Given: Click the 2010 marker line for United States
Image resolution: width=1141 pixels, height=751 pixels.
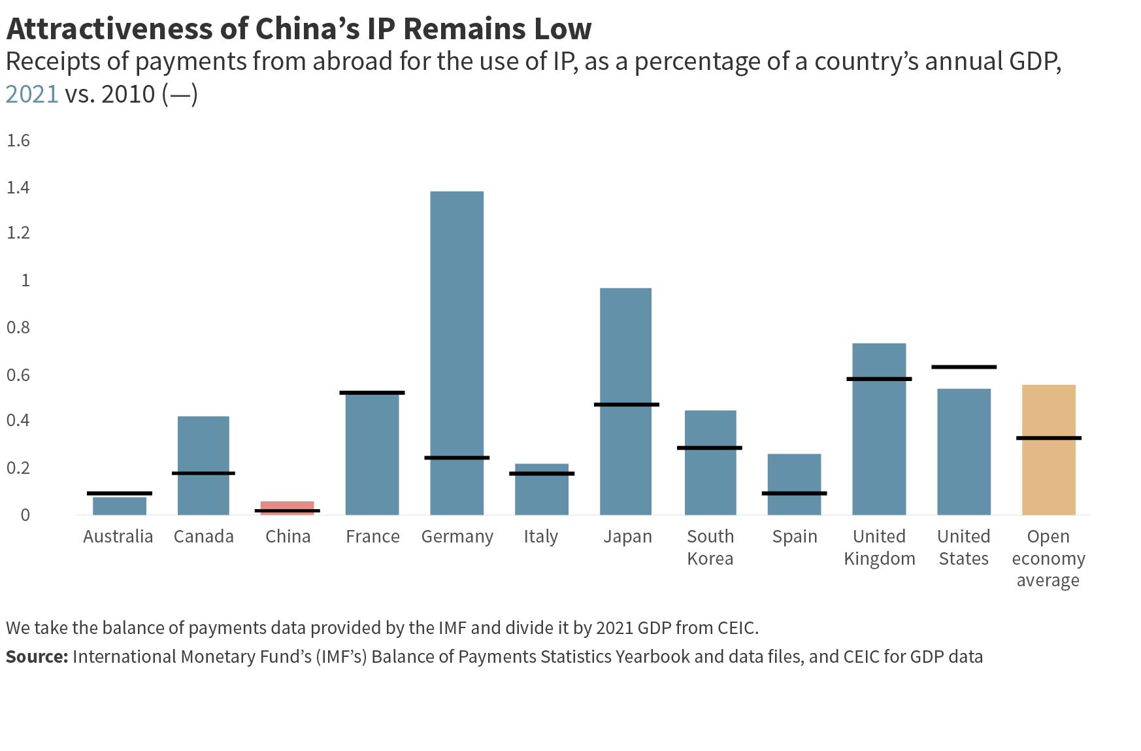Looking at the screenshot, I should coord(964,367).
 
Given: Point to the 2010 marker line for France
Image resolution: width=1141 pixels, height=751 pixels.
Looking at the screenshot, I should coord(372,393).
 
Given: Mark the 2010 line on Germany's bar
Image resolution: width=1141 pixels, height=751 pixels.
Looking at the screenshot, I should coord(457,458).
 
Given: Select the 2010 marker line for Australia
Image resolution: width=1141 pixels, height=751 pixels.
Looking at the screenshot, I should coord(120,493).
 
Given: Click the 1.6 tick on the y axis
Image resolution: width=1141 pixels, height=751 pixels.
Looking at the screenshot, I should coord(18,141).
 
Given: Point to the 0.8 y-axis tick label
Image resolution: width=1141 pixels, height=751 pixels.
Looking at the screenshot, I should coord(18,327).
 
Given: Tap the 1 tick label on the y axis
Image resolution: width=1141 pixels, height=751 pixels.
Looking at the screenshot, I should coord(25,280).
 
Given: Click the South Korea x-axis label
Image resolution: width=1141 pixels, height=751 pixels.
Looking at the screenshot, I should coord(710,547).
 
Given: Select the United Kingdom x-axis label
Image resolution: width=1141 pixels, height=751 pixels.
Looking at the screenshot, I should coord(879,547).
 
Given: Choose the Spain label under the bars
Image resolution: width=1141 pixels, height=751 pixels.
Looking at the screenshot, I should coord(795,537).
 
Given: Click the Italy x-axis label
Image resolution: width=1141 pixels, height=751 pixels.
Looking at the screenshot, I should coord(541,537).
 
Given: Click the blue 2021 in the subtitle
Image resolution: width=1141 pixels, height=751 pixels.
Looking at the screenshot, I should coord(32,94).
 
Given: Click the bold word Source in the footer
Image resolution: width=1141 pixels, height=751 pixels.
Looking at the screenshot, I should coord(37,656).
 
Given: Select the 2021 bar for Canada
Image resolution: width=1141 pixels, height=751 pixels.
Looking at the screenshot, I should coord(203,444).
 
